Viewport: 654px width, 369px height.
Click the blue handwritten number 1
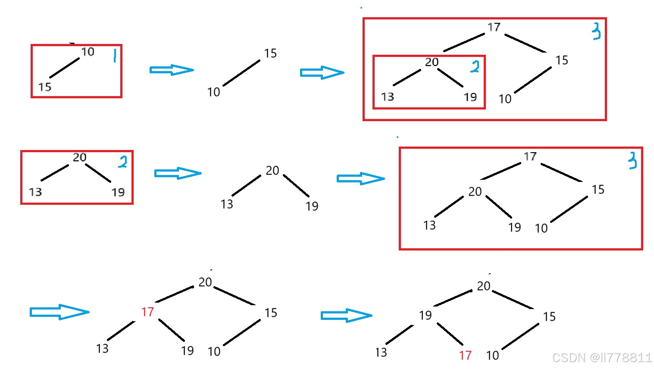point(115,55)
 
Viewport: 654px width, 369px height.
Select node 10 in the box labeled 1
point(88,52)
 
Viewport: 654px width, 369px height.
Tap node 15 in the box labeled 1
point(45,87)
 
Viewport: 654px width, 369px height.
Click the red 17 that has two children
point(147,312)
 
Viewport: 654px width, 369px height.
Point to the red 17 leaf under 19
point(465,355)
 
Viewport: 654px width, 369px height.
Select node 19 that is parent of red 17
point(426,316)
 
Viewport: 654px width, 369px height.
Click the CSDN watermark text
point(602,358)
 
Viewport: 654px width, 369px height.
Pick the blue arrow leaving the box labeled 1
point(172,70)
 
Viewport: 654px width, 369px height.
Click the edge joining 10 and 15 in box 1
point(65,68)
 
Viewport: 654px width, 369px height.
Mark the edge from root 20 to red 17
point(174,294)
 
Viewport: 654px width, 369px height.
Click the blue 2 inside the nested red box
point(475,66)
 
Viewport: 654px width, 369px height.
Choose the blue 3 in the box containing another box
point(596,31)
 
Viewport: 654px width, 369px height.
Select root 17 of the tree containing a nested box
point(494,27)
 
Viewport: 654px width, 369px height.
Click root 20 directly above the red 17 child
point(205,282)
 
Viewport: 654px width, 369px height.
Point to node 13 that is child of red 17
point(102,348)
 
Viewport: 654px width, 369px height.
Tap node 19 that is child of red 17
point(188,350)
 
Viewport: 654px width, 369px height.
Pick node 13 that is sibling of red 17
point(381,353)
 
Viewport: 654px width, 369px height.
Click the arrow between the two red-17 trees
point(346,316)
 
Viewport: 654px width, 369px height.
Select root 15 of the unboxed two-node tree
point(270,53)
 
